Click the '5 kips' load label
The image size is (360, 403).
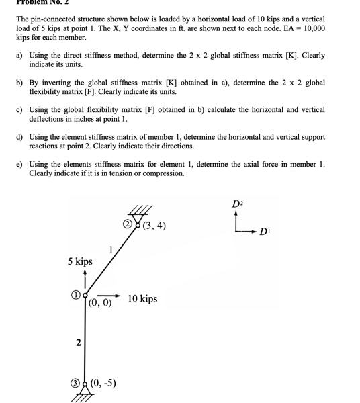coord(80,261)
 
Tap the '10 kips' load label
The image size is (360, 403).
coord(142,298)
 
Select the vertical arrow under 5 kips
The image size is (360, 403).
coord(80,278)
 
